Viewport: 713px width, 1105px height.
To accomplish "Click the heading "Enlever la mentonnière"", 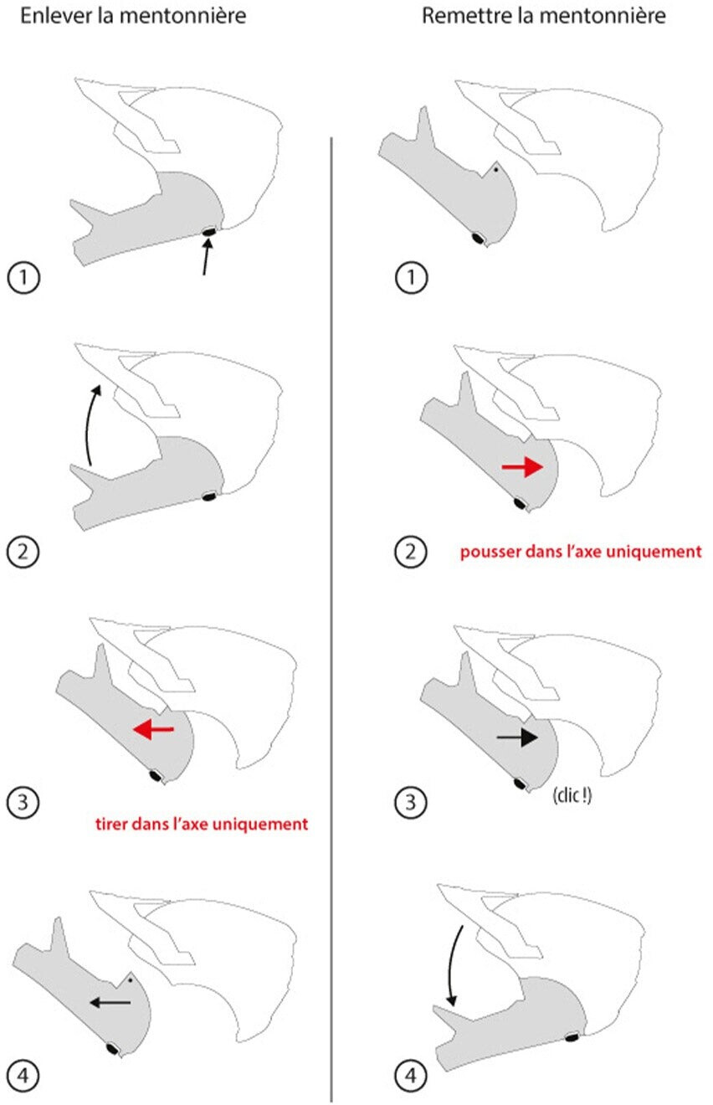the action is [x=133, y=16].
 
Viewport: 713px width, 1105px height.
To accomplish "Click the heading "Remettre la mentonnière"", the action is [x=543, y=16].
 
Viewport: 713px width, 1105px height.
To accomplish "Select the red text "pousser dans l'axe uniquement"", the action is [x=581, y=553].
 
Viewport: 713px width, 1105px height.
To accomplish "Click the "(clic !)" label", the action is [x=572, y=796].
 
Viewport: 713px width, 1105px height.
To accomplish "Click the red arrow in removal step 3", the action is [x=153, y=730].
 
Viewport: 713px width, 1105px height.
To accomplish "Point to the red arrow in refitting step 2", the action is [x=522, y=468].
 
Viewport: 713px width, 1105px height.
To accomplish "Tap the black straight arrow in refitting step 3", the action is [x=517, y=737].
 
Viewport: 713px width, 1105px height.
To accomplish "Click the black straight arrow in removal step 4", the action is [x=110, y=1002].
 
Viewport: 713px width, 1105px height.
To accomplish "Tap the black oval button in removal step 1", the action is [x=208, y=230].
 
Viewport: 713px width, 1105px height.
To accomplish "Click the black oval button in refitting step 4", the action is [x=572, y=1038].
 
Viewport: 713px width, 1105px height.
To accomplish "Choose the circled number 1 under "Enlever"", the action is [x=23, y=277].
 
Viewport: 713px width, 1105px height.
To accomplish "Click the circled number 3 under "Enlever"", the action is [x=23, y=802].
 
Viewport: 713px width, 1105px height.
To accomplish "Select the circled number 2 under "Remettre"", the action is [x=410, y=552].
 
